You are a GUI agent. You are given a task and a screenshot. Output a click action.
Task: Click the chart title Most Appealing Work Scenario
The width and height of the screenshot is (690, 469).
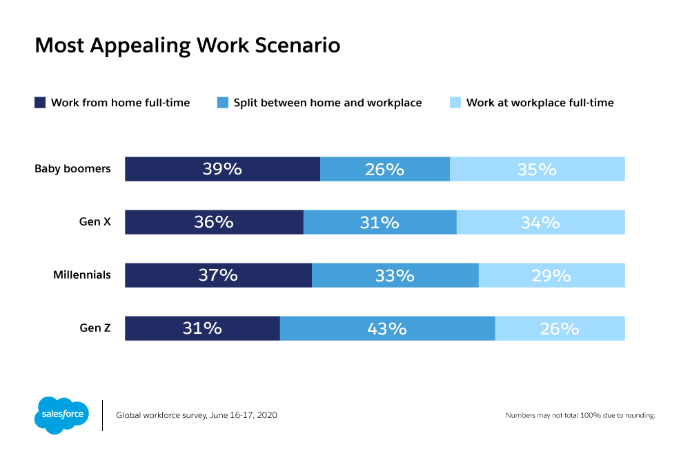point(187,46)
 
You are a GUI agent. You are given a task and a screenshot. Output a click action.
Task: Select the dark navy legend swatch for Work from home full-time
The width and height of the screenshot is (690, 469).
point(40,103)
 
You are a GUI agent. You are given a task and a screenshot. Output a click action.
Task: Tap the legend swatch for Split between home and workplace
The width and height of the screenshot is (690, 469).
point(222,103)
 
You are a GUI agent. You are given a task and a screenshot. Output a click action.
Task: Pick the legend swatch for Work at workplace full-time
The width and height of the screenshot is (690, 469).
point(455,103)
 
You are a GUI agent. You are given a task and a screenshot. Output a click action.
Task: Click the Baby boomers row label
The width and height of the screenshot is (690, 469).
point(72,168)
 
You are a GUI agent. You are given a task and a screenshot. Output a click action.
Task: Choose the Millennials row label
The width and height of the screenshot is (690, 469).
point(82,275)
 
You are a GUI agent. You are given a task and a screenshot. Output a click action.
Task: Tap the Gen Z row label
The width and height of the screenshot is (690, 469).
point(95,328)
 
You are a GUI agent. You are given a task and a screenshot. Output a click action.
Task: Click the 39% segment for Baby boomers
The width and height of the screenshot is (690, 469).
point(222,169)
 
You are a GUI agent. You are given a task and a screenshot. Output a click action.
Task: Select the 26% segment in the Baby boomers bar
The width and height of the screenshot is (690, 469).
point(385,169)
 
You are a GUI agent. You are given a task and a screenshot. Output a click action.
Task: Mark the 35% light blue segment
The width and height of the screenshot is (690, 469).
point(537,169)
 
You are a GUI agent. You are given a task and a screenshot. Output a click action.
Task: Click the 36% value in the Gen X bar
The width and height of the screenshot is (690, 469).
point(214,222)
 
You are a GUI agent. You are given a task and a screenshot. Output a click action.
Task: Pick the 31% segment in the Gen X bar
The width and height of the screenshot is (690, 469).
point(379,222)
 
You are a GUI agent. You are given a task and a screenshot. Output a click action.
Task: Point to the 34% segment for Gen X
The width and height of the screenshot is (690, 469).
point(540,222)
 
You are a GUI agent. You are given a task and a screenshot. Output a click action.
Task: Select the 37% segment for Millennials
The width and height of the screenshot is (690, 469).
point(218,275)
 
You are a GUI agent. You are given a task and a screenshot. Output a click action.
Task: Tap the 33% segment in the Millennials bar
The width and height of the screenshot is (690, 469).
point(395,275)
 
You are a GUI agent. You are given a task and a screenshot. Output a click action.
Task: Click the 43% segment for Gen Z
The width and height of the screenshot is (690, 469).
point(387,328)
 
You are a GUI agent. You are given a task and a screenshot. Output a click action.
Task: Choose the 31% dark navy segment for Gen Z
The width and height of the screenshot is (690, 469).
point(202,328)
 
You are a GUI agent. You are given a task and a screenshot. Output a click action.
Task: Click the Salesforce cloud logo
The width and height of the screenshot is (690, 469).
point(61,415)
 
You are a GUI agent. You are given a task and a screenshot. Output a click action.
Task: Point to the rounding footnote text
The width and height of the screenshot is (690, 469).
point(580,416)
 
